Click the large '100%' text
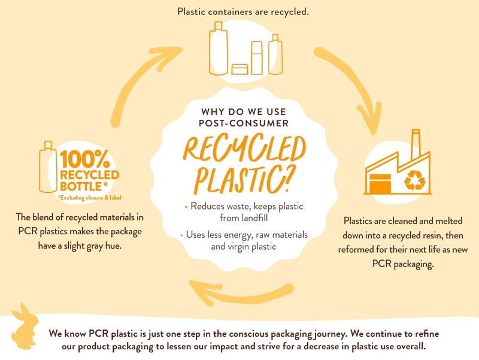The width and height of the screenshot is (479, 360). [84, 159]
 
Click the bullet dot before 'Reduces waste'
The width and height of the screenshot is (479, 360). [186, 206]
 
